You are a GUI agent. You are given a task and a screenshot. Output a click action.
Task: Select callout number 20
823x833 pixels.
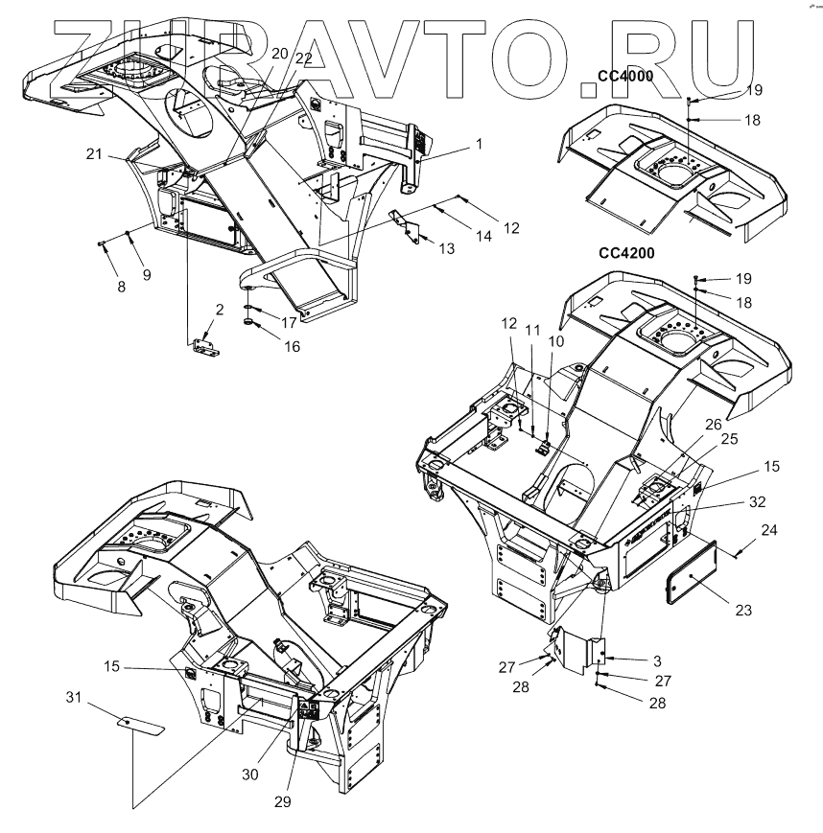[x=278, y=55]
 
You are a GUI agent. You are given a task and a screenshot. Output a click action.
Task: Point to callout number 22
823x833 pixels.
[x=303, y=58]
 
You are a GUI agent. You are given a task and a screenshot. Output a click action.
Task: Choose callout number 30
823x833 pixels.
[x=248, y=769]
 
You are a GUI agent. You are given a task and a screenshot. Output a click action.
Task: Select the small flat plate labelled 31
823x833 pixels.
[x=140, y=721]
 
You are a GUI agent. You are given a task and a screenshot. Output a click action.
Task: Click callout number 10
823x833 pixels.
[x=557, y=340]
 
